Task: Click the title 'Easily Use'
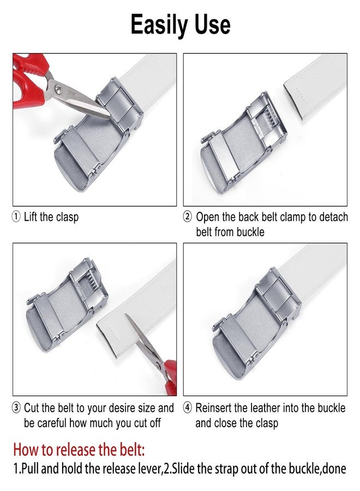pos(181,25)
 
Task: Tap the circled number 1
pos(16,217)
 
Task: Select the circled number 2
pos(187,217)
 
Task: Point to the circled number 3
pos(16,408)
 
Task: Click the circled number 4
pos(187,408)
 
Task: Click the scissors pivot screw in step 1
pos(58,88)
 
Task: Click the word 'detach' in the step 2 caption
pos(334,217)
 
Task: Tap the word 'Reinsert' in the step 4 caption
pos(213,408)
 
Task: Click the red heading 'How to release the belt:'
pos(79,450)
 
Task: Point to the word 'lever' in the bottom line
pos(150,469)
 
